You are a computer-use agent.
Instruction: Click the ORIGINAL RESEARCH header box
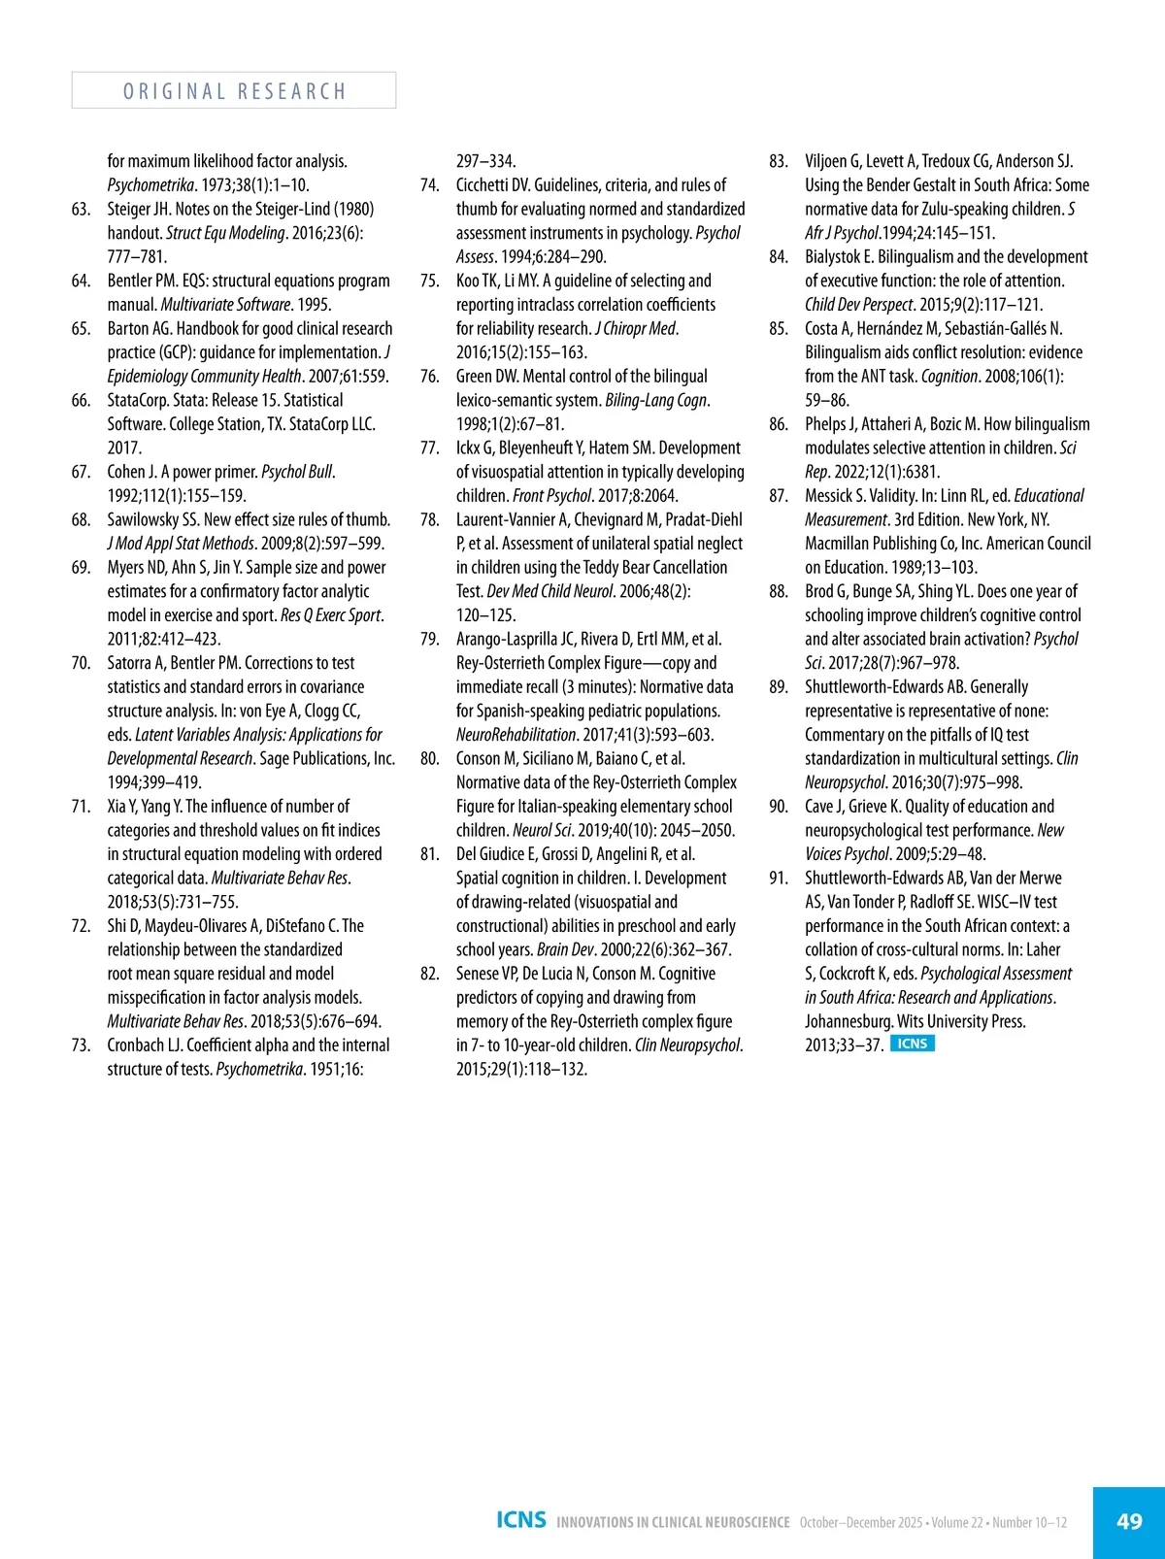(x=234, y=90)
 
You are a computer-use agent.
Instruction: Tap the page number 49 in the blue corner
(x=1129, y=1521)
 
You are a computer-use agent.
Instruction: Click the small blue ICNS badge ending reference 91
(x=912, y=1045)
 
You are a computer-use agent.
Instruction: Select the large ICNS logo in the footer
(x=521, y=1520)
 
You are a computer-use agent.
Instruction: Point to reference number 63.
(x=82, y=209)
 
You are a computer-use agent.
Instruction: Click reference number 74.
(x=430, y=185)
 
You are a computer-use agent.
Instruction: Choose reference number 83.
(x=779, y=161)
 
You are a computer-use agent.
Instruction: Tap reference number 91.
(x=779, y=878)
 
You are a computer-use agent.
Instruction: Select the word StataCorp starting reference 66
(x=138, y=400)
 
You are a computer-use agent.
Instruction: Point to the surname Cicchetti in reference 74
(x=483, y=185)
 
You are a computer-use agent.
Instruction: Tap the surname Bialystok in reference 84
(x=832, y=257)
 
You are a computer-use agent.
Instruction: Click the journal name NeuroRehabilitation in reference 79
(x=516, y=735)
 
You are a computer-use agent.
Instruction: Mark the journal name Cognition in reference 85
(x=949, y=377)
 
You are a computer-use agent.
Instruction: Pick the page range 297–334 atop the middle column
(x=486, y=161)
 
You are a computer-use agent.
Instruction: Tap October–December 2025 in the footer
(x=861, y=1522)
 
